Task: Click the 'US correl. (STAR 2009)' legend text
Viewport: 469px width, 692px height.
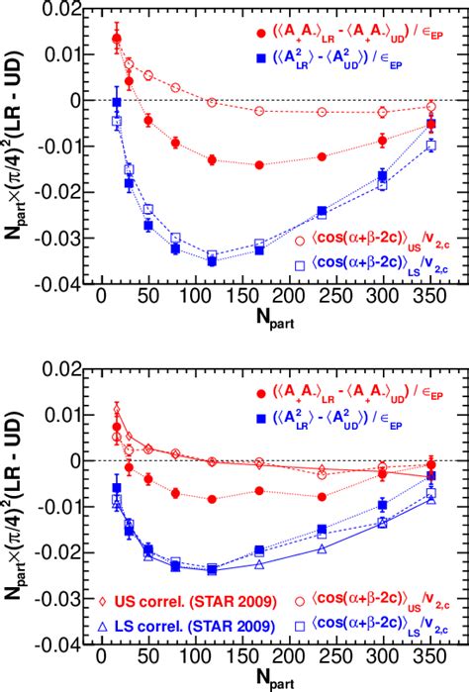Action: click(180, 600)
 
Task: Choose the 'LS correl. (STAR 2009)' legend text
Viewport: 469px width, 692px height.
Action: click(180, 624)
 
